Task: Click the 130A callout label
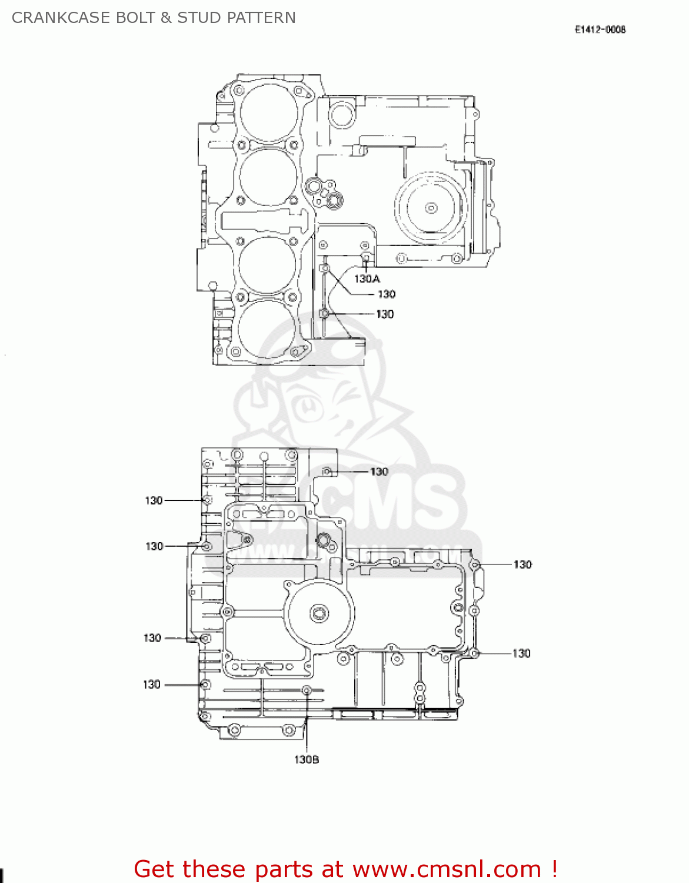tap(367, 278)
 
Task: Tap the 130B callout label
tap(307, 759)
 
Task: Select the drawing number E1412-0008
tap(600, 29)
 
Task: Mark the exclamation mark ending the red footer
tap(554, 869)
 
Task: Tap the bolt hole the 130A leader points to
tap(365, 257)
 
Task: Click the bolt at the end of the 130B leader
tap(307, 691)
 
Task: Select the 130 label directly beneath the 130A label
tap(387, 294)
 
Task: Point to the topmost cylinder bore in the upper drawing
tap(268, 112)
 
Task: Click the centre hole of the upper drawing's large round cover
tap(431, 208)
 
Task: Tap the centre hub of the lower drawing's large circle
tap(319, 614)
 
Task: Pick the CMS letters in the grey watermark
tap(388, 506)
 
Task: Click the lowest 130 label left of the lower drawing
tap(152, 685)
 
